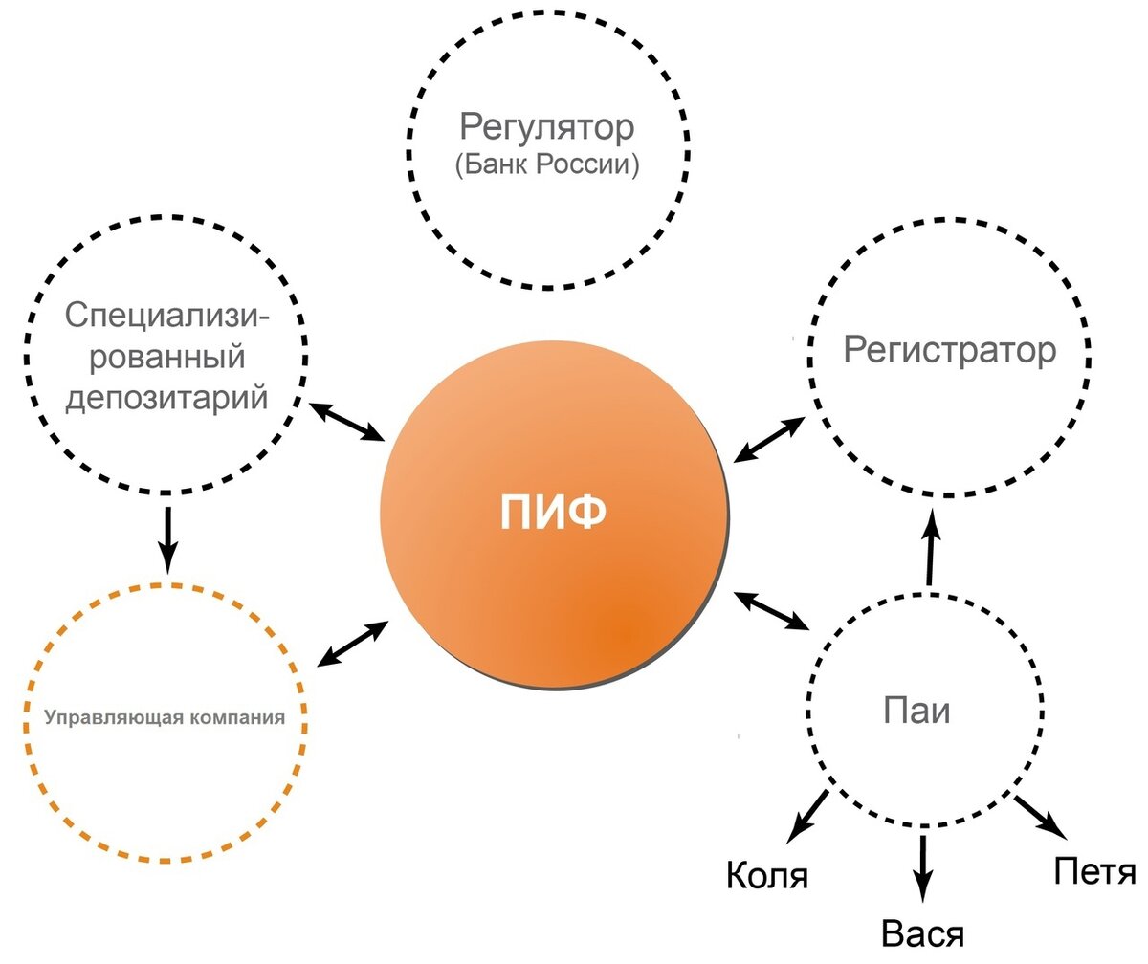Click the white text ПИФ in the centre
pos(553,514)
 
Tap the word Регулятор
pos(547,127)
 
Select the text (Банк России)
pos(547,164)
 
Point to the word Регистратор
pos(950,350)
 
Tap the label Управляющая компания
pos(166,716)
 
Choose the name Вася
pos(922,933)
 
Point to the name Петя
pos(1094,871)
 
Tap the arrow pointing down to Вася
pos(923,867)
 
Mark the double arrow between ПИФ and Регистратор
pos(770,440)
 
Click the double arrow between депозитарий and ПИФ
pos(345,421)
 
